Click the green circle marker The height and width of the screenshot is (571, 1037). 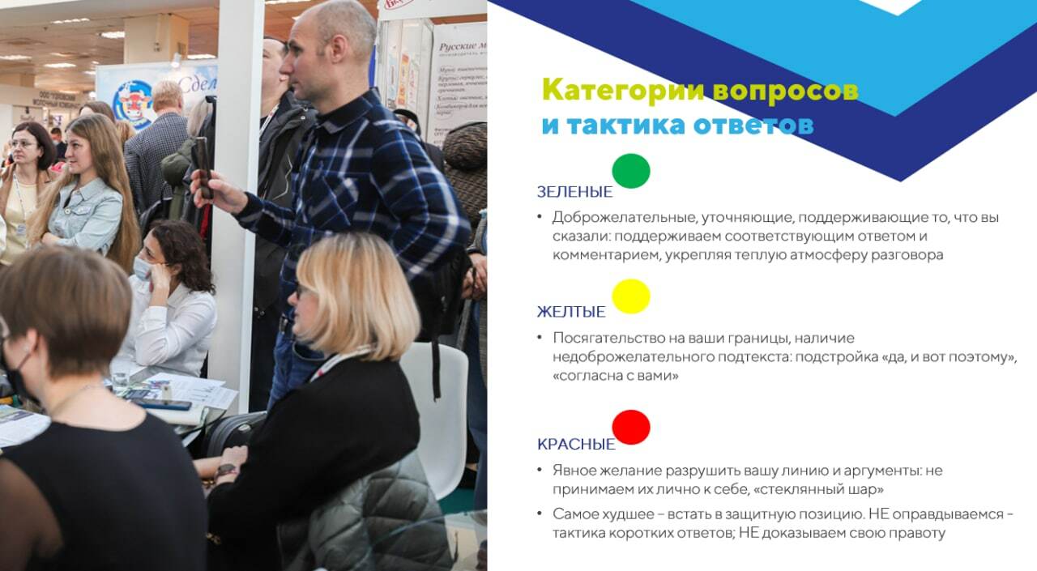point(631,171)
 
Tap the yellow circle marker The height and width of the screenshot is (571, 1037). point(631,296)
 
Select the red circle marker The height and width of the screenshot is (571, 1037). point(631,427)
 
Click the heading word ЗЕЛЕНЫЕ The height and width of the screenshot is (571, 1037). point(574,192)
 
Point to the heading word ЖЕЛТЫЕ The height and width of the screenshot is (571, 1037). point(571,312)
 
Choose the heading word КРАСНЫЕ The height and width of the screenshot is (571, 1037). point(576,444)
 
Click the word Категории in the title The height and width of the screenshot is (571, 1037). point(623,90)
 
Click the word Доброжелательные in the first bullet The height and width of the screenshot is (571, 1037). point(625,218)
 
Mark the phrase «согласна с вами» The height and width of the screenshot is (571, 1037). point(616,376)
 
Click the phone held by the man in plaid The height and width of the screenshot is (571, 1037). point(203,168)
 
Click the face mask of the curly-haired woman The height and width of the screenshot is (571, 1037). point(142,269)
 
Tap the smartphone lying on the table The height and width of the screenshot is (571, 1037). point(162,404)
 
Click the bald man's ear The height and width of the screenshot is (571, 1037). point(338,49)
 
